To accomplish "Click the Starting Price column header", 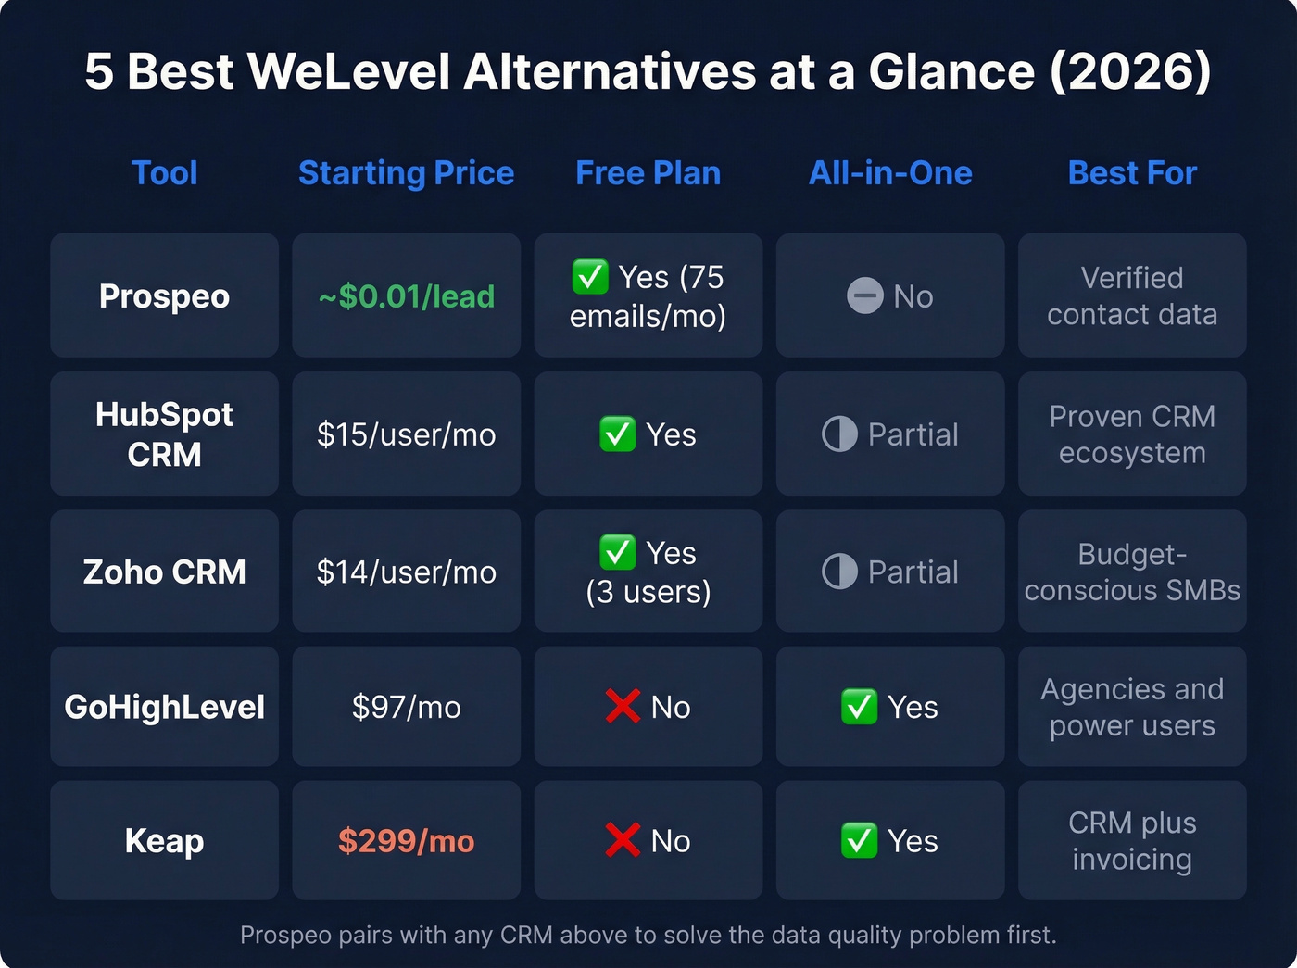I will pos(406,173).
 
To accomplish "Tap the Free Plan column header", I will pos(648,173).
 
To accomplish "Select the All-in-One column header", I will pos(890,173).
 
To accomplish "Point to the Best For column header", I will pos(1132,173).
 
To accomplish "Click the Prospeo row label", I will pos(164,296).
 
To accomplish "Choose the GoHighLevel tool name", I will pos(164,708).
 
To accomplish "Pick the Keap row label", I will pos(164,841).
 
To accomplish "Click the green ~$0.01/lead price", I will pos(406,296).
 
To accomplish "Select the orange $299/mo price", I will pos(406,841).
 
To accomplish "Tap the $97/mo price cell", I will pos(406,708).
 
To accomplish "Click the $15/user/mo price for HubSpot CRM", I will pos(406,434).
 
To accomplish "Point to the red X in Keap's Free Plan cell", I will pos(623,840).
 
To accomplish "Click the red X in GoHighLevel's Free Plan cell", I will pos(623,707).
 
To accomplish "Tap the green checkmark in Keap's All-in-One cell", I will pos(859,840).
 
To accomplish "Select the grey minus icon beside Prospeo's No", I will pos(864,296).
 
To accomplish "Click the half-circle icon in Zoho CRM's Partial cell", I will pos(839,572).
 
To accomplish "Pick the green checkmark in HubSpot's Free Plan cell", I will pos(617,434).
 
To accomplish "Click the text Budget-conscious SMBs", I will pos(1132,572).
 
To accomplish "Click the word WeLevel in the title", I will pos(349,71).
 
